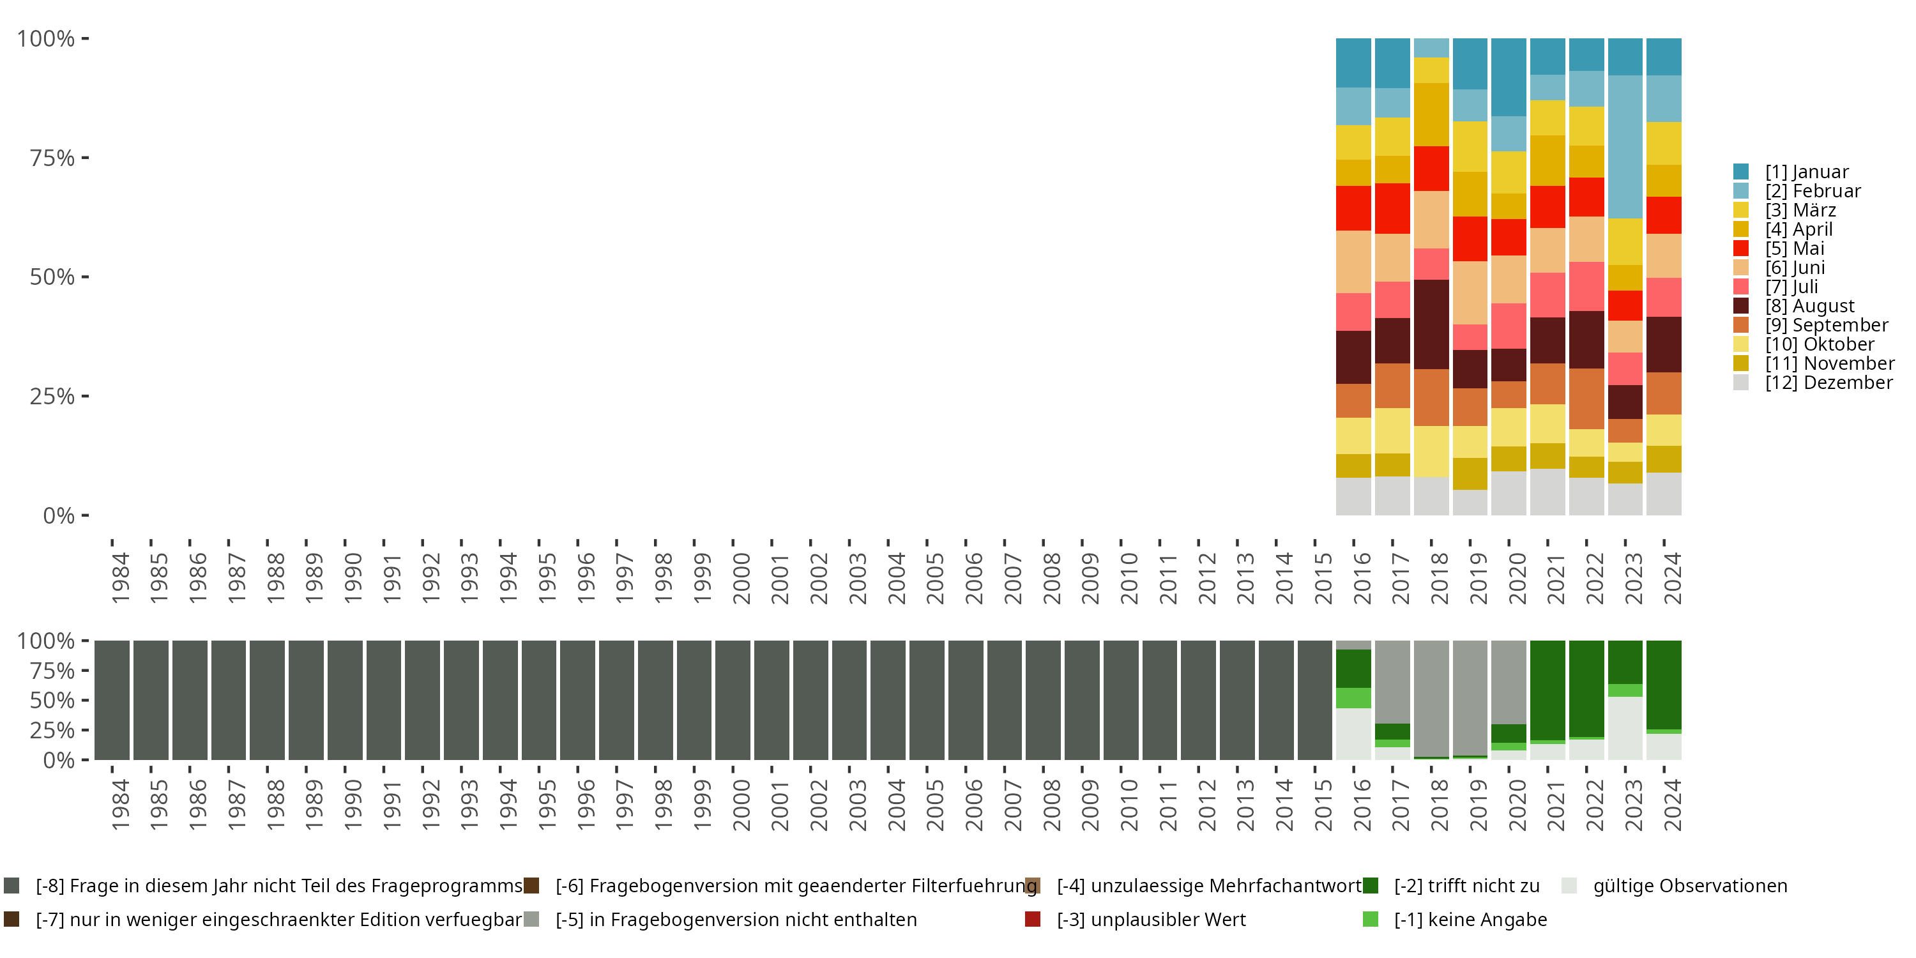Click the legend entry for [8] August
(x=1809, y=307)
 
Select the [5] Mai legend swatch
(x=1740, y=248)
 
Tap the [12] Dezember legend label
(x=1829, y=383)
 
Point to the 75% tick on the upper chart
(x=85, y=158)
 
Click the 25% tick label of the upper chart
(x=52, y=397)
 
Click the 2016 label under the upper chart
(x=1361, y=578)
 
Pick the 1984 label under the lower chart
(x=120, y=805)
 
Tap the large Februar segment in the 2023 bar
(x=1625, y=146)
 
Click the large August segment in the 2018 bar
(x=1431, y=324)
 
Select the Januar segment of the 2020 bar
(x=1509, y=77)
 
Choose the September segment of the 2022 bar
(x=1586, y=399)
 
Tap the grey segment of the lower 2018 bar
(x=1431, y=697)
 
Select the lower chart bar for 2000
(x=733, y=700)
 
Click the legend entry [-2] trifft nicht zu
(x=1465, y=886)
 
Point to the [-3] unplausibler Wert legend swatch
(x=1032, y=919)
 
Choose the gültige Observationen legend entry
(x=1689, y=886)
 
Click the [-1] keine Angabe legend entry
(x=1469, y=919)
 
